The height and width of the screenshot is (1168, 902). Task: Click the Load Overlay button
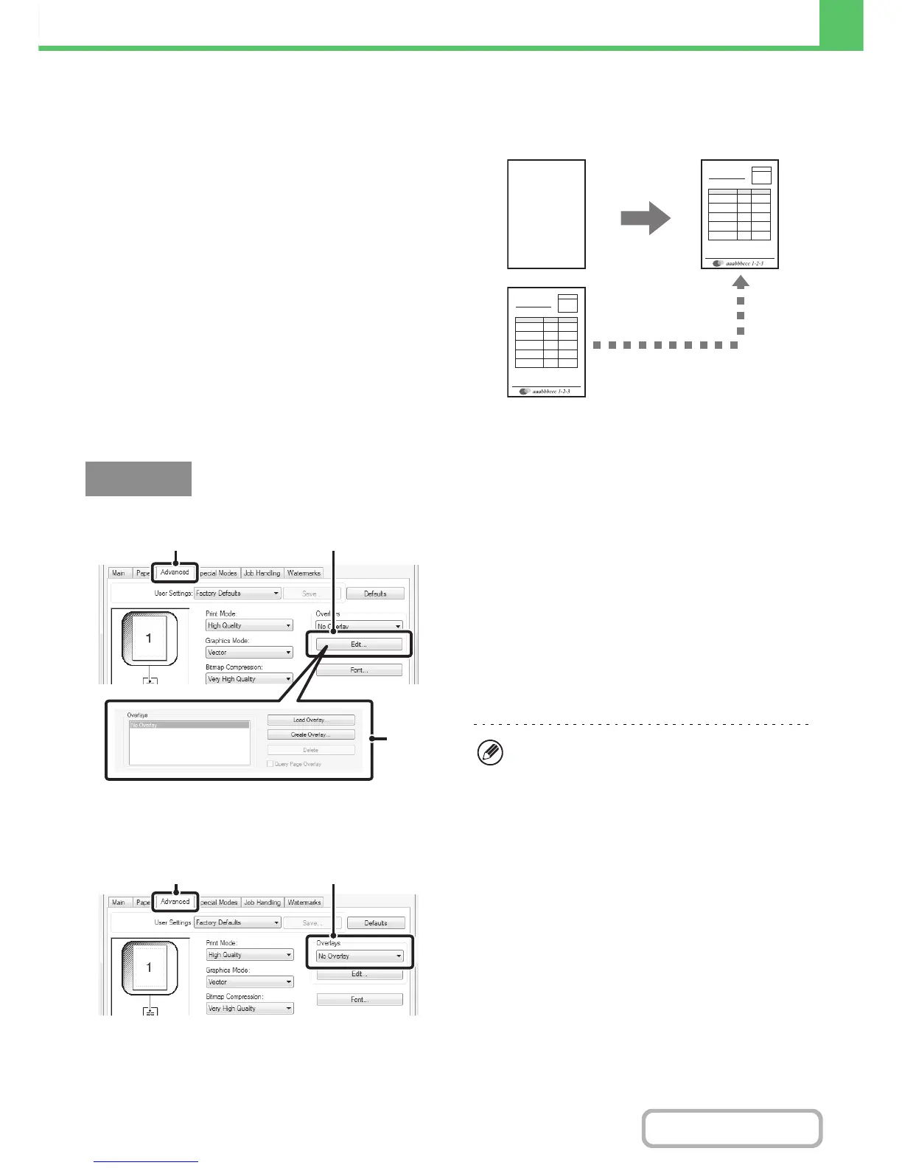(310, 720)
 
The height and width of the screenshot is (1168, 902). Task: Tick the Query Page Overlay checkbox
(270, 764)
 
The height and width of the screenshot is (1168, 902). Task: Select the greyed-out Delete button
(310, 750)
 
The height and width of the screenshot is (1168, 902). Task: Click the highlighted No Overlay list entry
(189, 726)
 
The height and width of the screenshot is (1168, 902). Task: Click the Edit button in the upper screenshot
(359, 644)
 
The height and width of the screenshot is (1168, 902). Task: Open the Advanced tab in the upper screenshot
(175, 572)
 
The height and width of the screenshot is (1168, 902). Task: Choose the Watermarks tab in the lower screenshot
(304, 903)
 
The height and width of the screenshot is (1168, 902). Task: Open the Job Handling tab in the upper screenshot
(262, 573)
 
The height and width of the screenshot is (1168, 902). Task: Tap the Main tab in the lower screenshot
(118, 903)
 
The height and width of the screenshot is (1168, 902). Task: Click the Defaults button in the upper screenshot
(375, 594)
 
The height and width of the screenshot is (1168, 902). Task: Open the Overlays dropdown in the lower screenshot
(360, 956)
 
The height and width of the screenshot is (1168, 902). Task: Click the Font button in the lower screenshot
(360, 1000)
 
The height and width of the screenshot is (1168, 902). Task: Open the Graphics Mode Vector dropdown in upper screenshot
(249, 653)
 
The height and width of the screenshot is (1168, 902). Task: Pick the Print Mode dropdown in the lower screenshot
(250, 955)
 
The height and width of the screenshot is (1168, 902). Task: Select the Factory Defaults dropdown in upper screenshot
(237, 594)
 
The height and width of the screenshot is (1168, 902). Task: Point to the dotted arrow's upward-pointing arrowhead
(741, 281)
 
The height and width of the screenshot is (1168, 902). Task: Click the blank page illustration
(546, 214)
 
